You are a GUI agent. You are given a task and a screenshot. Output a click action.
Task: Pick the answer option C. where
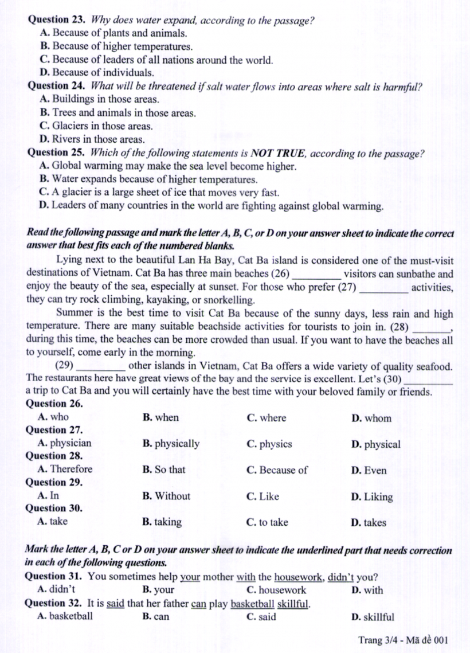(x=266, y=418)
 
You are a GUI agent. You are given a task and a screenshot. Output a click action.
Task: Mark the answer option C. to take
(x=267, y=522)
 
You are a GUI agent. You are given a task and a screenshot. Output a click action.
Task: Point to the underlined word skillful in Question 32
(x=293, y=603)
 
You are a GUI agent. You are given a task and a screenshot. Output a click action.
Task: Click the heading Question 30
(x=54, y=509)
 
